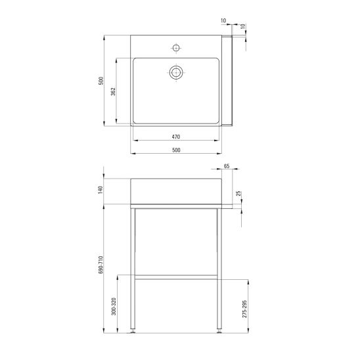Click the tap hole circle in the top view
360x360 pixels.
pos(176,48)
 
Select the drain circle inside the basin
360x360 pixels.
pos(176,72)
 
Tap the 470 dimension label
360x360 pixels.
pos(176,137)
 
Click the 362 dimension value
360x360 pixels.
pos(113,91)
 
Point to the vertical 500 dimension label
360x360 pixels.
pos(101,81)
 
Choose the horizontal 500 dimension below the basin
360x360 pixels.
pos(176,150)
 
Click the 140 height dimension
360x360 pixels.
pos(101,190)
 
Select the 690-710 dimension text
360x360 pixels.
pos(101,265)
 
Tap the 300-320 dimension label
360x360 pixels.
pos(114,307)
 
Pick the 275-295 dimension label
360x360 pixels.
pos(245,309)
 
